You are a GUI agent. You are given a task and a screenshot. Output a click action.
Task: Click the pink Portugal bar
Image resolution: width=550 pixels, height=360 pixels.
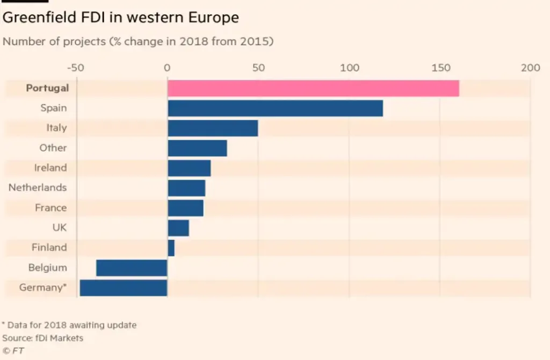[313, 88]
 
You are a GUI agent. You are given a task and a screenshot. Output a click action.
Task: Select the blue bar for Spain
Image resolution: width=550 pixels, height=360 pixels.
[275, 108]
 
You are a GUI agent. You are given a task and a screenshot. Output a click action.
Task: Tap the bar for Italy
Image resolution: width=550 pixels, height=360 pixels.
[213, 128]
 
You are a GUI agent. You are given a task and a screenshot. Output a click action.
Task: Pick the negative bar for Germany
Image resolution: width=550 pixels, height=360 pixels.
[124, 287]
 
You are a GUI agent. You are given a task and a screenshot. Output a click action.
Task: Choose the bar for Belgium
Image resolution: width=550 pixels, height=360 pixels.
[132, 268]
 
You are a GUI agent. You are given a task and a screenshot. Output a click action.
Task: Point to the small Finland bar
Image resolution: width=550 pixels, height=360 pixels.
[171, 248]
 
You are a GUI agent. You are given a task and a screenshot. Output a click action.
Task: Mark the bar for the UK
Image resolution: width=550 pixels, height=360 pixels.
[178, 228]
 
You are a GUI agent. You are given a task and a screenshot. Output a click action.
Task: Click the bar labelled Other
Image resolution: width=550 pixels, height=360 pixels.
[197, 148]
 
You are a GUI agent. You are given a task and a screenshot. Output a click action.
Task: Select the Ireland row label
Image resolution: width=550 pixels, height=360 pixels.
[50, 168]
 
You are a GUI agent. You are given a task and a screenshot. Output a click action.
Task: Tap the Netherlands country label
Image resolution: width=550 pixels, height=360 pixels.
[38, 188]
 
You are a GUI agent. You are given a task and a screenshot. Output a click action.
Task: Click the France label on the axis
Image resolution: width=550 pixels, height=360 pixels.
[51, 208]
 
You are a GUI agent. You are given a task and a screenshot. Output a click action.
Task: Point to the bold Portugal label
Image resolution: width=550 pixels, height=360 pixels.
[47, 88]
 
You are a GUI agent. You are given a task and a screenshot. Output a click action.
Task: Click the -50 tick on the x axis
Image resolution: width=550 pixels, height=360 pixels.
[76, 68]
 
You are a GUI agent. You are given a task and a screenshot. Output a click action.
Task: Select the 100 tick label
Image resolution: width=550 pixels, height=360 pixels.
[349, 68]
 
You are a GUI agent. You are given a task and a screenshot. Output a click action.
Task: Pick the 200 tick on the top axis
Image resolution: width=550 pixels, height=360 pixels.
[530, 68]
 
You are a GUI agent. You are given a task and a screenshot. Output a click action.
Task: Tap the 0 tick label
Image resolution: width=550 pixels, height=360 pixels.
[167, 68]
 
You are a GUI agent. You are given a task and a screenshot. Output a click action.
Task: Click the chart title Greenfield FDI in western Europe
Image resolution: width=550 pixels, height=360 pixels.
[121, 17]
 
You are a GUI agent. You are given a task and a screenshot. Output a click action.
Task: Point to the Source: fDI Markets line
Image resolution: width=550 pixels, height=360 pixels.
[43, 338]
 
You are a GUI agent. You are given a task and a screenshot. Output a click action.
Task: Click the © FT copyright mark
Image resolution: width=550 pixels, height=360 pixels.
[14, 351]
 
